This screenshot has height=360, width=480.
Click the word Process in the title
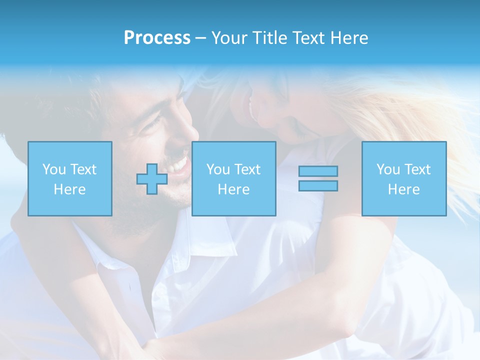point(157,38)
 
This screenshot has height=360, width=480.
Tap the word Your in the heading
point(229,38)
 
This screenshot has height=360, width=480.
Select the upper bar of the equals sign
point(318,171)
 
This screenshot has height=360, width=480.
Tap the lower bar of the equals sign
point(318,185)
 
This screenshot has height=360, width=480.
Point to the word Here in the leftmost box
point(69,189)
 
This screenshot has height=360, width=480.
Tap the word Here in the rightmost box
point(403,189)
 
